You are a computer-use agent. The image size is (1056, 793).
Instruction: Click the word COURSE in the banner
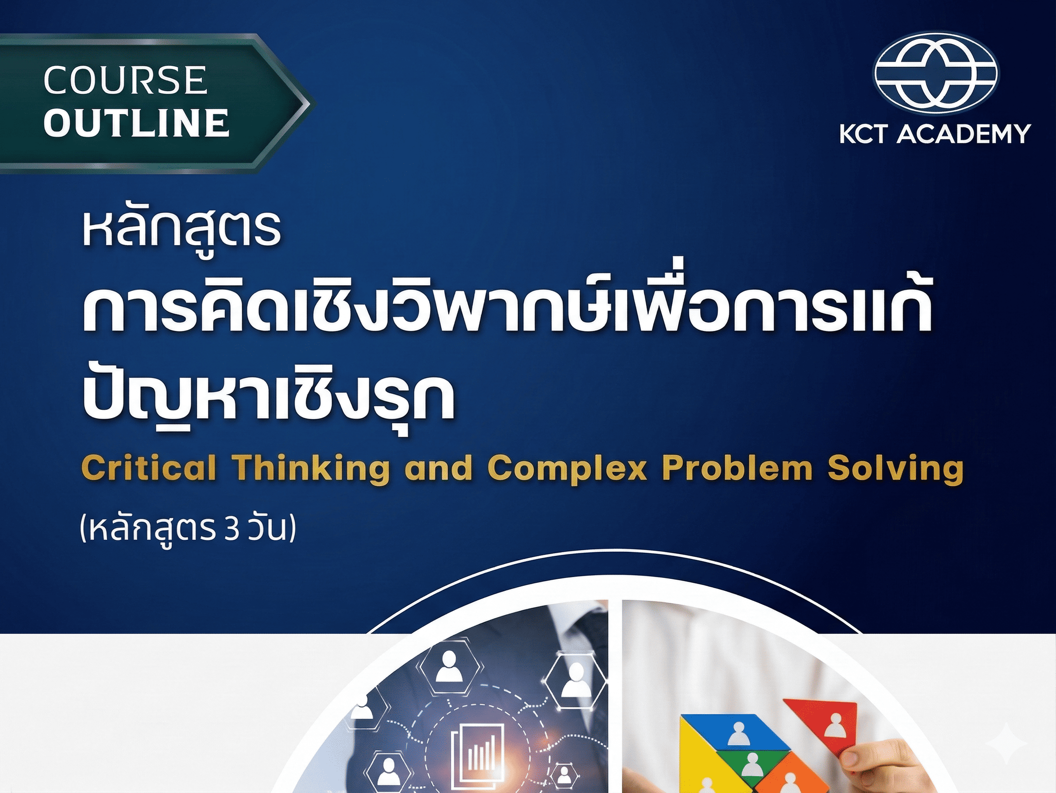(x=125, y=80)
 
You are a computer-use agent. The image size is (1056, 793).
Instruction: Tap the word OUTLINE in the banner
(x=136, y=123)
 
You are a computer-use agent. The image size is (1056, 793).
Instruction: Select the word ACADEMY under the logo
(x=964, y=134)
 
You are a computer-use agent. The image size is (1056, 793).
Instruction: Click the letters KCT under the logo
(x=863, y=134)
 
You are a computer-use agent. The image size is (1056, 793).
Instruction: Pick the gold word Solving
(x=895, y=468)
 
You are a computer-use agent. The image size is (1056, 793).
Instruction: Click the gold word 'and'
(x=438, y=468)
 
